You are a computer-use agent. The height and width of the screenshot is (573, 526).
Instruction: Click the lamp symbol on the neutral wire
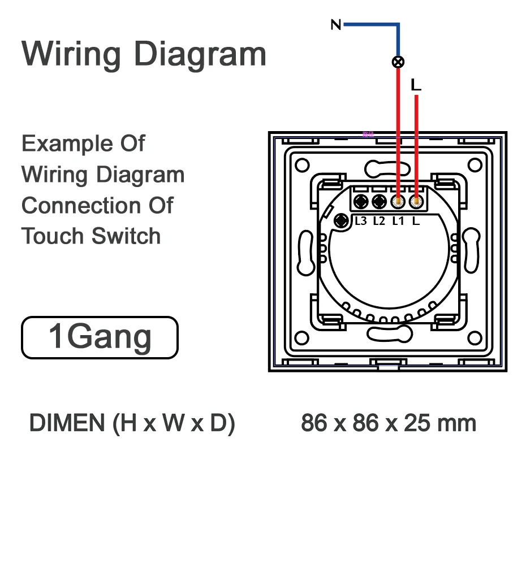398,62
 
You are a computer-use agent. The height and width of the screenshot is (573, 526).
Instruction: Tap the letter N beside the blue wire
336,25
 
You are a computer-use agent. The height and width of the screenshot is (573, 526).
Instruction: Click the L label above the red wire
416,85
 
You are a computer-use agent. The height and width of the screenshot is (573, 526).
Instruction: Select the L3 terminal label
361,221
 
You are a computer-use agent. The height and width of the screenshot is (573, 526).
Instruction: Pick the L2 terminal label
379,221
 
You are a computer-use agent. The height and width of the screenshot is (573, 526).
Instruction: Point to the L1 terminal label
398,221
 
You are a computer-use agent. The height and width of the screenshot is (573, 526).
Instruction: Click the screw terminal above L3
361,201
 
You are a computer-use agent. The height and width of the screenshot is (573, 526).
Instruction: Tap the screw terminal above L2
380,201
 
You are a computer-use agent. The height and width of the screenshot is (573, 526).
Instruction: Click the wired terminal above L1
398,201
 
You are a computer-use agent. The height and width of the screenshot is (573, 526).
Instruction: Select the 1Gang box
100,337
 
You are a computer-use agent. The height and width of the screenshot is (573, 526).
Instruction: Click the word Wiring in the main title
71,54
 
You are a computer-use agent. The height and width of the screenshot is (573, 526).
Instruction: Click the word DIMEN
67,423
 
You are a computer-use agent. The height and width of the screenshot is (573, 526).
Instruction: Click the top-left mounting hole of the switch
302,165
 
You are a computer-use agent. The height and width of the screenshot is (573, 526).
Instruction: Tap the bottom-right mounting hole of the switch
475,338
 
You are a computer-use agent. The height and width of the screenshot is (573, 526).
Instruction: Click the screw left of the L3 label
342,220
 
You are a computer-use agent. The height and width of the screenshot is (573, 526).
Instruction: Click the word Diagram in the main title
200,55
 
